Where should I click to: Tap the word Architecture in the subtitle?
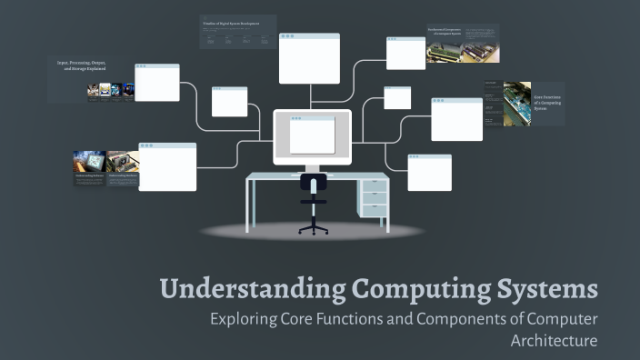pos(555,341)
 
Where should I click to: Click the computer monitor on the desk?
pos(312,136)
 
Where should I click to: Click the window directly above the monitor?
pos(309,58)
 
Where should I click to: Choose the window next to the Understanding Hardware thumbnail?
pos(167,166)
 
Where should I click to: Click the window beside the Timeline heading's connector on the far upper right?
pos(405,53)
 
